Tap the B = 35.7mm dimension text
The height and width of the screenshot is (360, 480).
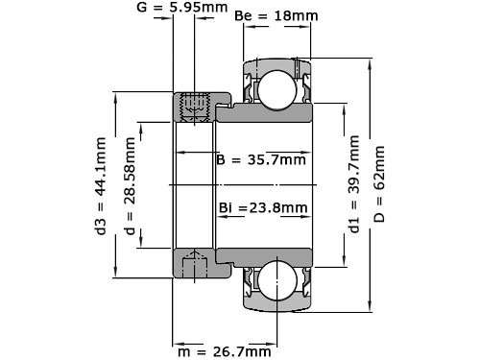(x=261, y=159)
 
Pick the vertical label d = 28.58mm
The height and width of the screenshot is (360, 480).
(x=130, y=182)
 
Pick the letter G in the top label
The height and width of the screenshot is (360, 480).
(x=142, y=8)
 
